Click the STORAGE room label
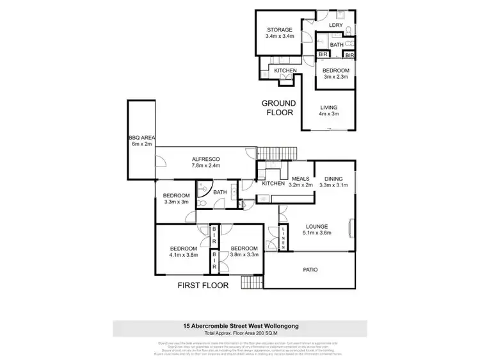tap(280, 33)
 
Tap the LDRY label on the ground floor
tap(336, 26)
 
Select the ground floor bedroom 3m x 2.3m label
tap(335, 74)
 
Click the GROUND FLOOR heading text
tap(278, 108)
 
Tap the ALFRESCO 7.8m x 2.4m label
tap(205, 162)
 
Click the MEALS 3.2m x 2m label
tap(301, 183)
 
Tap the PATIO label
tap(310, 270)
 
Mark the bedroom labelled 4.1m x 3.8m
tap(183, 252)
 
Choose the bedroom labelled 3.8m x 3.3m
tap(244, 252)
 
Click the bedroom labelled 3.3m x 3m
tap(176, 199)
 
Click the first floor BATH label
tap(220, 192)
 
